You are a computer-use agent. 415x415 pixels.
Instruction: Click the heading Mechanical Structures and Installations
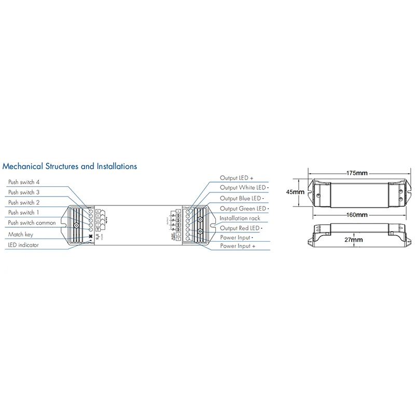70,167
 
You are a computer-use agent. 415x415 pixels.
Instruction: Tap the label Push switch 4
24,183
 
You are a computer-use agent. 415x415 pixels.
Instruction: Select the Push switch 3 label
24,192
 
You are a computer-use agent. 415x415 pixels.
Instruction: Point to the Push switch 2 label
24,203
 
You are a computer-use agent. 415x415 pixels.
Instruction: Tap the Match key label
21,234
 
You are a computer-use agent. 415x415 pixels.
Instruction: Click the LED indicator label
23,245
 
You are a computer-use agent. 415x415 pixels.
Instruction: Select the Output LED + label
236,178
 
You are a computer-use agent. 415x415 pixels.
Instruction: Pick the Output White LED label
243,188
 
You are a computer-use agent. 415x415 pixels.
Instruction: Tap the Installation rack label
240,218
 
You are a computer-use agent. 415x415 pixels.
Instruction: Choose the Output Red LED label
241,228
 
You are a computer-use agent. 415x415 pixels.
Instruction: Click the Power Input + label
238,247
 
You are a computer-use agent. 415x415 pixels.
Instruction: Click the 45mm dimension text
295,191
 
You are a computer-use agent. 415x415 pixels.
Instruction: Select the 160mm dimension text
357,215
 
